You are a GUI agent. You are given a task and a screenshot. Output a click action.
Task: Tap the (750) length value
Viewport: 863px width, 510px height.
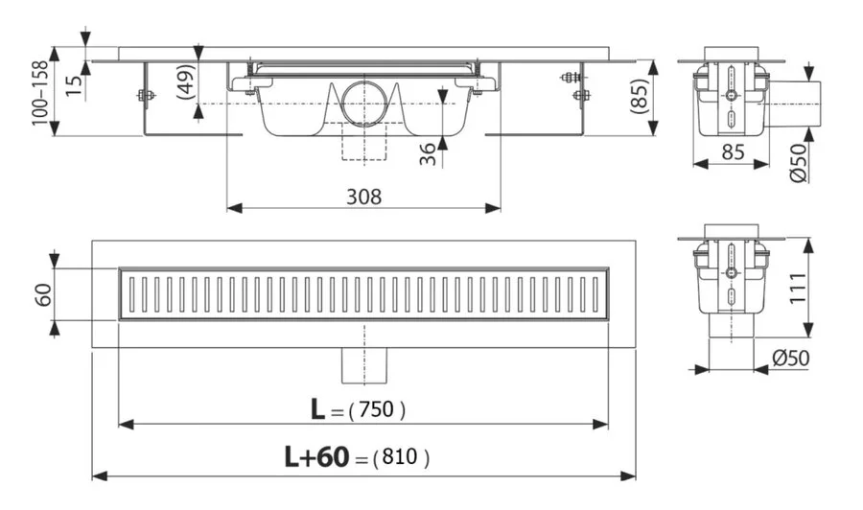[x=377, y=409]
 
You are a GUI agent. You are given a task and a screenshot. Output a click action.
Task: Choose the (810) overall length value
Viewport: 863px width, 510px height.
[x=399, y=458]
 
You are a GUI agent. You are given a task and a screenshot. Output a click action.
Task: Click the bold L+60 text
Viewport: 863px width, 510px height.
[x=315, y=458]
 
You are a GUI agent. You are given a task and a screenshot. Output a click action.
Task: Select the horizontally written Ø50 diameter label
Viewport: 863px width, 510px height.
[x=791, y=358]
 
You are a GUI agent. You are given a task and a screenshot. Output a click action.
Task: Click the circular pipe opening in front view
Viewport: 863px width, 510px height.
[x=363, y=104]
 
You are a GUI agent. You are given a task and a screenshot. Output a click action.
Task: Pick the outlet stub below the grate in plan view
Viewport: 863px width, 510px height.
[x=364, y=363]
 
